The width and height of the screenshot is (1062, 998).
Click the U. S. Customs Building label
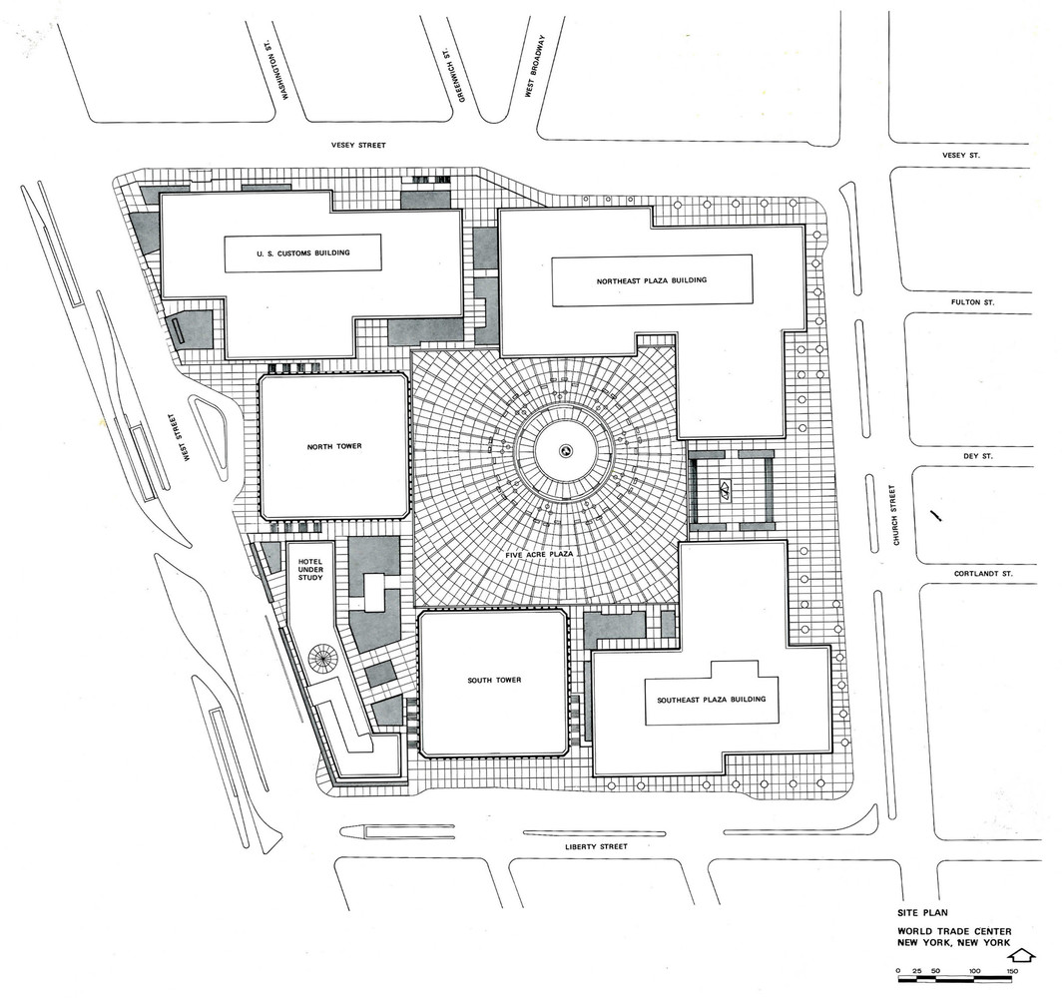[x=303, y=253]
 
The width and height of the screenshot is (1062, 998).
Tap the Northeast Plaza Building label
[x=652, y=280]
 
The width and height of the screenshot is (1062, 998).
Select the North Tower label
[x=334, y=446]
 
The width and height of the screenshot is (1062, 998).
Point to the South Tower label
[x=494, y=680]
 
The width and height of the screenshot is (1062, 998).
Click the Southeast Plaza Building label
[x=711, y=700]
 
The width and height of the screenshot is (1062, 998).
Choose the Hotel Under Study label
[x=310, y=570]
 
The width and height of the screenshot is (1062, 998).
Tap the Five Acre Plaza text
[x=539, y=554]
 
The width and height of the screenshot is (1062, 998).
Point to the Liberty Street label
[x=596, y=846]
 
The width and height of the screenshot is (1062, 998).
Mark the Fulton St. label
[x=972, y=302]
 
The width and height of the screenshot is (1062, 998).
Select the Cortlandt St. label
[x=983, y=574]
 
